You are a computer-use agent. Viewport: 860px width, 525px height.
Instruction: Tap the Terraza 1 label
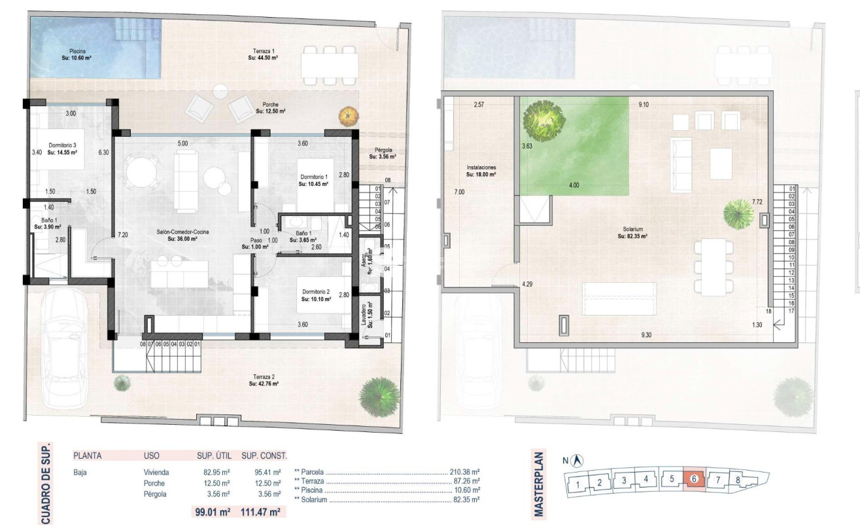264,54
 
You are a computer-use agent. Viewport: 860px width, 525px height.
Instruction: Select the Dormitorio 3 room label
63,149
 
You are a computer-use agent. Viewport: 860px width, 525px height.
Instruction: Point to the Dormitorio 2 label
316,295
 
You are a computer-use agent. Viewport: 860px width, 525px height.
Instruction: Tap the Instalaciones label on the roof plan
481,171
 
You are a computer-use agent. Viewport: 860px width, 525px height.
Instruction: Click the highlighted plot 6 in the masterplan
693,479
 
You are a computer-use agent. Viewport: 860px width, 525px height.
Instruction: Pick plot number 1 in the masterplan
579,484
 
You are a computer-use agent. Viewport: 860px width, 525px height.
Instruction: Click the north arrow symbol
579,461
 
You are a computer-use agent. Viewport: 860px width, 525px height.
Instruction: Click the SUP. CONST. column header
264,455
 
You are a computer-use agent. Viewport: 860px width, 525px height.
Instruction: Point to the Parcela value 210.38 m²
465,471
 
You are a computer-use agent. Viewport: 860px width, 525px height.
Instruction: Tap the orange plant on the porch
349,117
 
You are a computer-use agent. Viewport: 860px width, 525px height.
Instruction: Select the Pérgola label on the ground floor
381,153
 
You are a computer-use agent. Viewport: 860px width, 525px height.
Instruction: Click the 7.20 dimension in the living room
122,234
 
